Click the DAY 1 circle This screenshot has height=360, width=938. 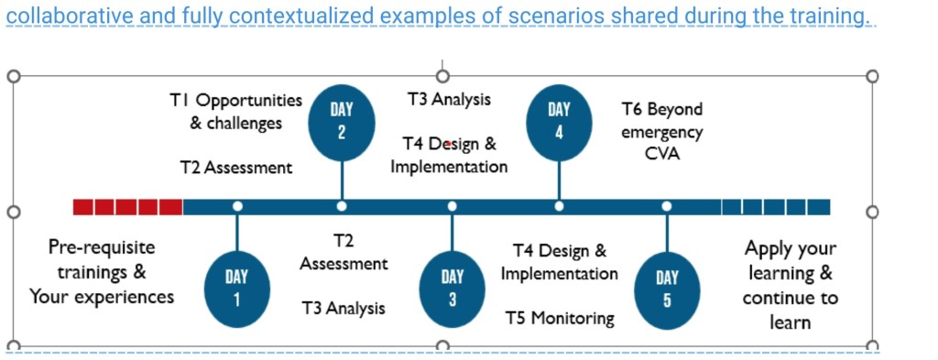tap(237, 289)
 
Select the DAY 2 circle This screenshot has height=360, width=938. tap(342, 123)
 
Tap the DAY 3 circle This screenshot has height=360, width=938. tap(453, 289)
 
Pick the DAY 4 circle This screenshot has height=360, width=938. tap(559, 123)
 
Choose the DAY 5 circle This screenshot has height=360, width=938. tap(667, 289)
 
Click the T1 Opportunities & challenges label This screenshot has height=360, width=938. tap(235, 111)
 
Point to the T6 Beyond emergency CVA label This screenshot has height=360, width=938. tap(662, 131)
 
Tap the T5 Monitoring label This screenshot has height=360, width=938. tap(560, 318)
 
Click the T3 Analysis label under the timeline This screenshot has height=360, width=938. tap(344, 308)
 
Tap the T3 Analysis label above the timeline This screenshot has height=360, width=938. tap(449, 99)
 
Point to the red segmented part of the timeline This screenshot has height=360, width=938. tap(127, 207)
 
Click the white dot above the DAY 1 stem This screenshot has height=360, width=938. tap(237, 206)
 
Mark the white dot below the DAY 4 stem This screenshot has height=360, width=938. tap(559, 206)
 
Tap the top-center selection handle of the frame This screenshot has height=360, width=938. tap(442, 76)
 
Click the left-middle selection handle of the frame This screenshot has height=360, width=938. tap(13, 212)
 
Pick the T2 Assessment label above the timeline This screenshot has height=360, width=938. tap(236, 168)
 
